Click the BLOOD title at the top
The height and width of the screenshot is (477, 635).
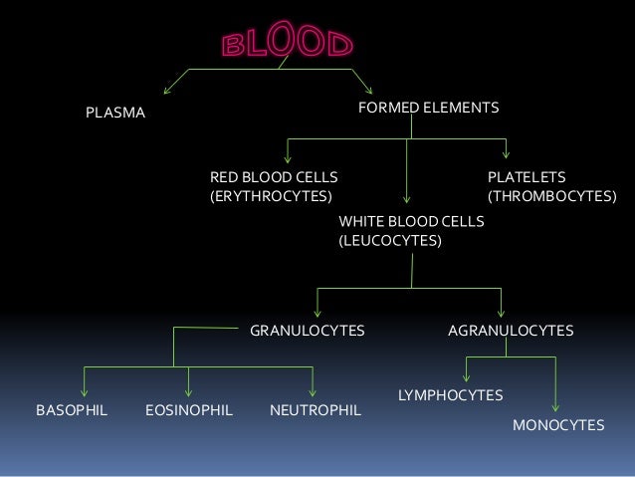(287, 44)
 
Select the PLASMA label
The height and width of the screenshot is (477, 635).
(115, 115)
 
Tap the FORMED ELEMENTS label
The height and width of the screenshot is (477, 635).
(428, 106)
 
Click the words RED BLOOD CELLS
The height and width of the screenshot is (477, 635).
(274, 177)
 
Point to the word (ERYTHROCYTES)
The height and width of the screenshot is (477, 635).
(270, 197)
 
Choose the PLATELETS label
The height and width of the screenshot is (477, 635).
(527, 177)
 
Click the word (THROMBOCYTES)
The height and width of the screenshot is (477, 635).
(551, 197)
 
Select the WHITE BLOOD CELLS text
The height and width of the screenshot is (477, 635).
(411, 220)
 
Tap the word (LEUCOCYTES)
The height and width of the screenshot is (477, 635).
(390, 240)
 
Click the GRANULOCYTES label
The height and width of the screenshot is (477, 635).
(307, 330)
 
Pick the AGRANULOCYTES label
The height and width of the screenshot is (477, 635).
(511, 330)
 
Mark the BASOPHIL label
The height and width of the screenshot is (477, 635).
(72, 409)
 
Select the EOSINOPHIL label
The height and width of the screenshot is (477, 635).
(189, 409)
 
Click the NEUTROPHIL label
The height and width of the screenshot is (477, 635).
(316, 409)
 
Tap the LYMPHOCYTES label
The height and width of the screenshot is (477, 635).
(450, 395)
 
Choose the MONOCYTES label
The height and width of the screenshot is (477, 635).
(558, 425)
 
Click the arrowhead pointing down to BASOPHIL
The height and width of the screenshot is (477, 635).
(85, 391)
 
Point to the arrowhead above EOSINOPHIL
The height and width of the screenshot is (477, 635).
(189, 391)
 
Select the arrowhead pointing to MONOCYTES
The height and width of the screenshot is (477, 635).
(554, 406)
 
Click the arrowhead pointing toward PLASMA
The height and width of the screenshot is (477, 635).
(167, 88)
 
